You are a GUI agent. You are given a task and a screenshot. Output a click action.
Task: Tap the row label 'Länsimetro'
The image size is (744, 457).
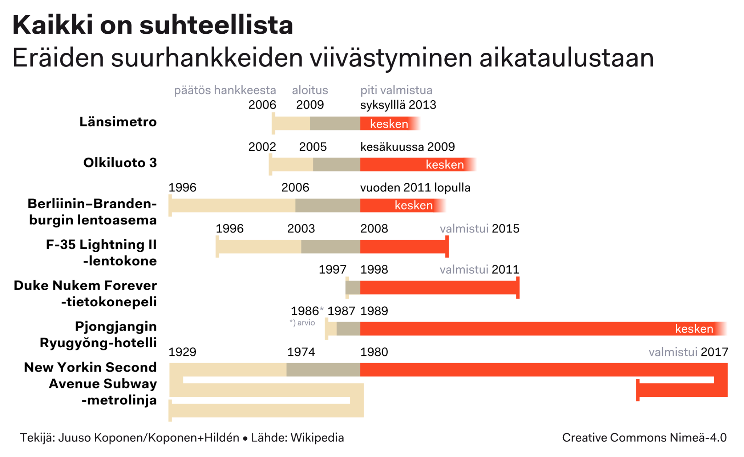(x=118, y=122)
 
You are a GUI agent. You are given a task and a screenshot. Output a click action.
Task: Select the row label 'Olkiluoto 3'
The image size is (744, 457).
(x=120, y=163)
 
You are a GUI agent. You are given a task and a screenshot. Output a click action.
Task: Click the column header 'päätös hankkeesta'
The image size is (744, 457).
(x=225, y=90)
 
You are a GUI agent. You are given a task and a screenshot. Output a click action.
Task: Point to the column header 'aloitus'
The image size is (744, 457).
(x=310, y=90)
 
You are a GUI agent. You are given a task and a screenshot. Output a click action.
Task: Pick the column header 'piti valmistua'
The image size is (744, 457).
(x=396, y=90)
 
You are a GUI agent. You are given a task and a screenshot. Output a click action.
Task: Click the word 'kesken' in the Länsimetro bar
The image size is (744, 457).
(x=389, y=124)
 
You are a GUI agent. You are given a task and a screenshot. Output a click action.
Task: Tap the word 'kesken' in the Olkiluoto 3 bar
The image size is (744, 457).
(x=445, y=165)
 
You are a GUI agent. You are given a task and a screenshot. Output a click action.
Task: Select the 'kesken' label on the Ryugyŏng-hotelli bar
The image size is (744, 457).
(x=694, y=329)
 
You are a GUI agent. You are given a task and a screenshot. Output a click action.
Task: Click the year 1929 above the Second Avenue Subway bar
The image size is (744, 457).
(x=182, y=352)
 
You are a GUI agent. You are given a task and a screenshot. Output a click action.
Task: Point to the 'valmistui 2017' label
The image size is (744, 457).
(x=688, y=352)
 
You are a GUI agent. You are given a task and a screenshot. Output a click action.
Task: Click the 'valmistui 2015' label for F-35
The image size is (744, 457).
(x=480, y=228)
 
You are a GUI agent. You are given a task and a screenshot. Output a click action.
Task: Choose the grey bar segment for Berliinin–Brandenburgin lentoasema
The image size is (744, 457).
(x=328, y=206)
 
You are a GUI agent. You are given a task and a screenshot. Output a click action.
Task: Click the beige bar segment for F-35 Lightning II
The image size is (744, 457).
(x=259, y=247)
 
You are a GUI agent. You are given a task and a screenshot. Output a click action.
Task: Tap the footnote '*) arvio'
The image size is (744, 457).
(x=302, y=323)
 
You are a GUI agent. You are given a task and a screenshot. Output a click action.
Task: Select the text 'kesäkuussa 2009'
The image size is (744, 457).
(x=407, y=147)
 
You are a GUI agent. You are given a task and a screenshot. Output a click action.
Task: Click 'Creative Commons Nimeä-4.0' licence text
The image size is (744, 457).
(x=644, y=438)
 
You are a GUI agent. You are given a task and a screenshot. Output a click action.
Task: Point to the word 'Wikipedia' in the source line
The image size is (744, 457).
(x=317, y=438)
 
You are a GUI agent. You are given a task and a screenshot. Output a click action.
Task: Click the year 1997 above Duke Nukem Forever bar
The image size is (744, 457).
(x=332, y=270)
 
